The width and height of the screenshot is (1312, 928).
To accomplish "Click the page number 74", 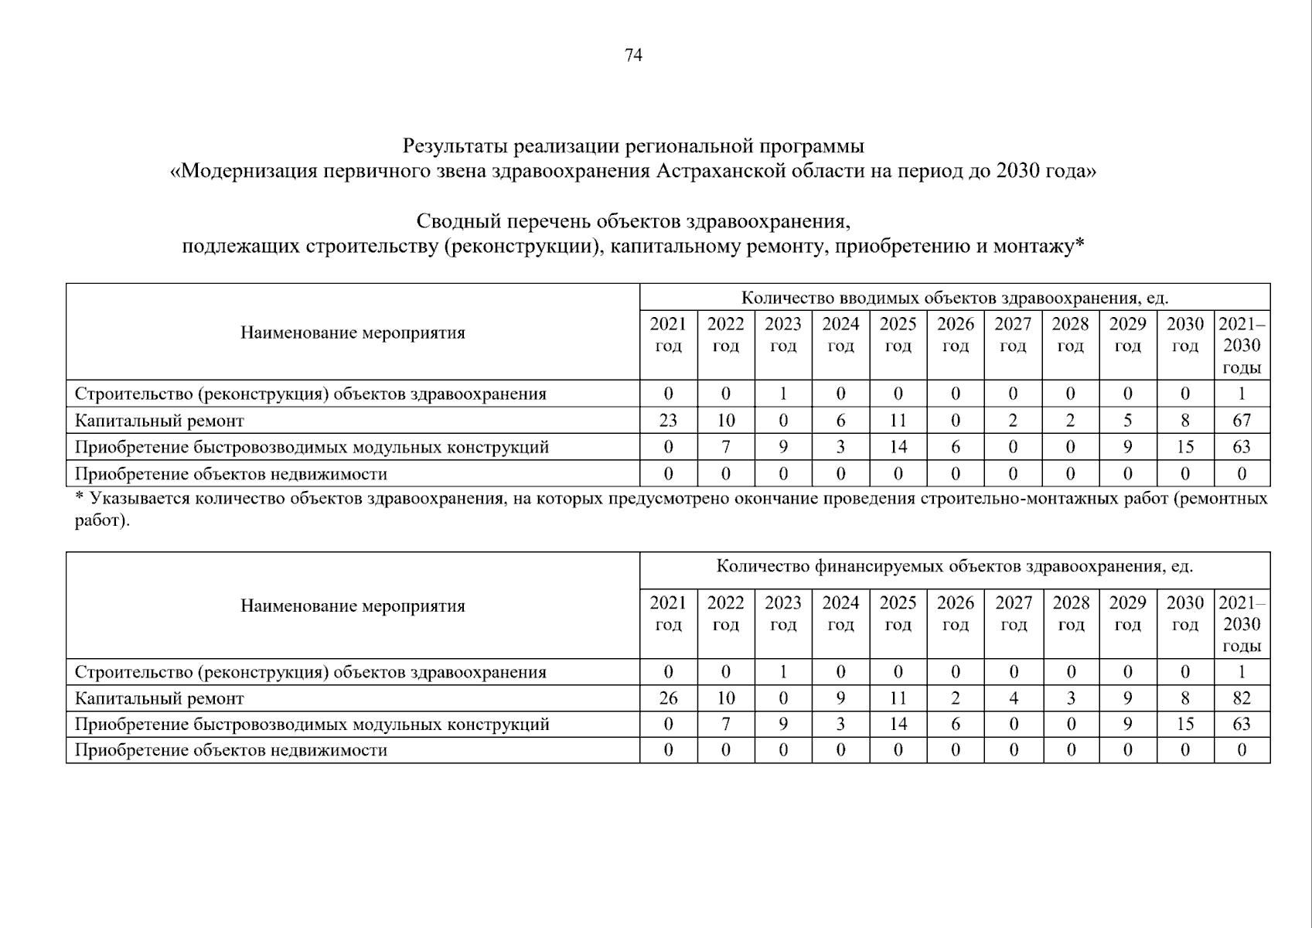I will click(x=633, y=55).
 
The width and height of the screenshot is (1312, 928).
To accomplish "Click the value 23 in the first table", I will click(x=668, y=421).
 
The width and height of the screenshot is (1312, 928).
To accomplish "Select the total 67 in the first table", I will click(x=1242, y=421).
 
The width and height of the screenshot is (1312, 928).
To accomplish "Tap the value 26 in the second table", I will click(x=668, y=698).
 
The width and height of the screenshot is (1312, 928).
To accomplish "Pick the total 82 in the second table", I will click(x=1242, y=698).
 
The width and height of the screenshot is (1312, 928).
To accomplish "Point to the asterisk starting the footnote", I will click(x=79, y=499).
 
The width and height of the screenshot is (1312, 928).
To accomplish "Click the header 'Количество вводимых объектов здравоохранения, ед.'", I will click(x=955, y=298).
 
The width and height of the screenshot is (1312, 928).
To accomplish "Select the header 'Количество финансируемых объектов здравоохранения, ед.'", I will click(x=955, y=566).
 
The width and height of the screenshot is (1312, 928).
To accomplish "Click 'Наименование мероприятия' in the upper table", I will click(x=353, y=333).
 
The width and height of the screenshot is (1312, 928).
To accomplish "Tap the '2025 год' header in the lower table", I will click(x=898, y=613).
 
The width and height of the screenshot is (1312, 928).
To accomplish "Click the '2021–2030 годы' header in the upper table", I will click(x=1242, y=345).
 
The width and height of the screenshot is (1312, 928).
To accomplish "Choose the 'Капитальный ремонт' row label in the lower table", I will click(x=159, y=698).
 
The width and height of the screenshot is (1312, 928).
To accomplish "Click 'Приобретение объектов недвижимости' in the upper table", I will click(x=230, y=473).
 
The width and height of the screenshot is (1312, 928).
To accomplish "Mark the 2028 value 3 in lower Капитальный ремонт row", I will click(x=1071, y=698).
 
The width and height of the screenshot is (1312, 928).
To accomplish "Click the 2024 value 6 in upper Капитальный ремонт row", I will click(x=840, y=421).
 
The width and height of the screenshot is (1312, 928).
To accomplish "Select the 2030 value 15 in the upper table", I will click(x=1184, y=447).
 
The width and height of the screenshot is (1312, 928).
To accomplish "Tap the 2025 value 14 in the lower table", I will click(x=898, y=725).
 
